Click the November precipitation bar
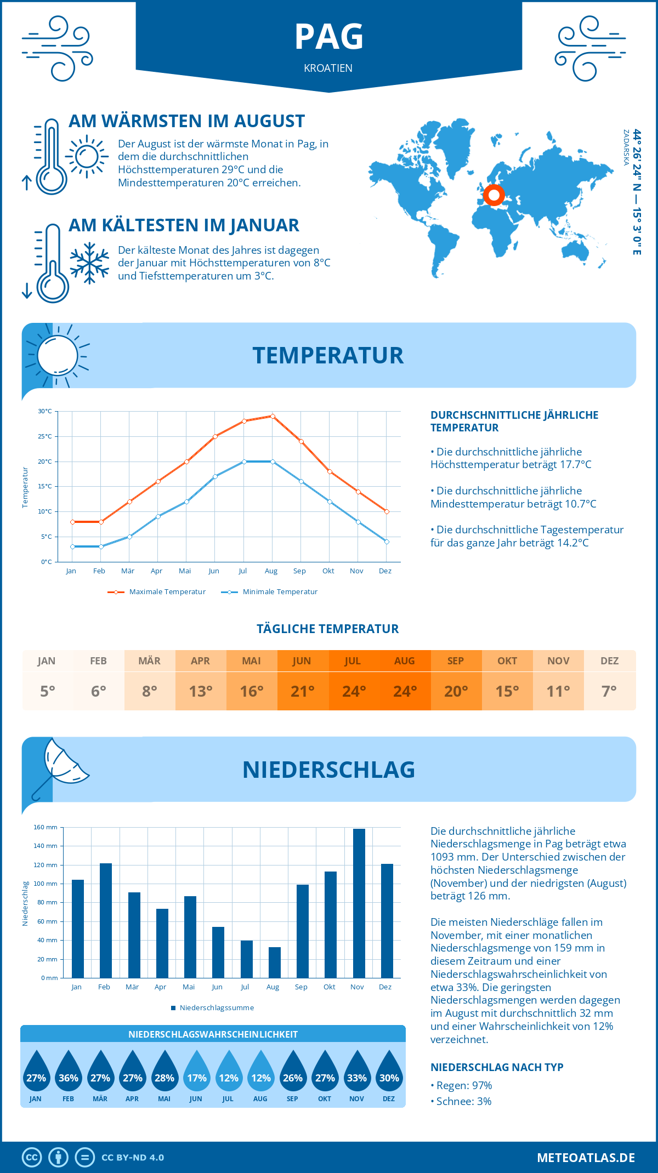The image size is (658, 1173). tap(359, 903)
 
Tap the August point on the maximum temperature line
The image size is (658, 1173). tap(273, 417)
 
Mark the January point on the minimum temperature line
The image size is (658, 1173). tap(72, 546)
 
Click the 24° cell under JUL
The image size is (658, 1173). tap(354, 691)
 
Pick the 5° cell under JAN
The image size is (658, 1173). tap(47, 691)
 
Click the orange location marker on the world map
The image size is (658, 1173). tap(493, 195)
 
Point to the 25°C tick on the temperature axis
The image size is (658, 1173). tap(45, 436)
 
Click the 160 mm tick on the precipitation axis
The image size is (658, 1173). tap(46, 827)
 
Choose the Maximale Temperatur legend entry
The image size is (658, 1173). tap(157, 592)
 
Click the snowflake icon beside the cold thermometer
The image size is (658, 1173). tap(89, 263)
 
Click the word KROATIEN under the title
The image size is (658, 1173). tap(328, 68)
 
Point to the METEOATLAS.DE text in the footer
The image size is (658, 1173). tap(586, 1158)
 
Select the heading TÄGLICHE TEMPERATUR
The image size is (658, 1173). tap(328, 629)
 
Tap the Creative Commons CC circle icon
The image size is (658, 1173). tap(32, 1158)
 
